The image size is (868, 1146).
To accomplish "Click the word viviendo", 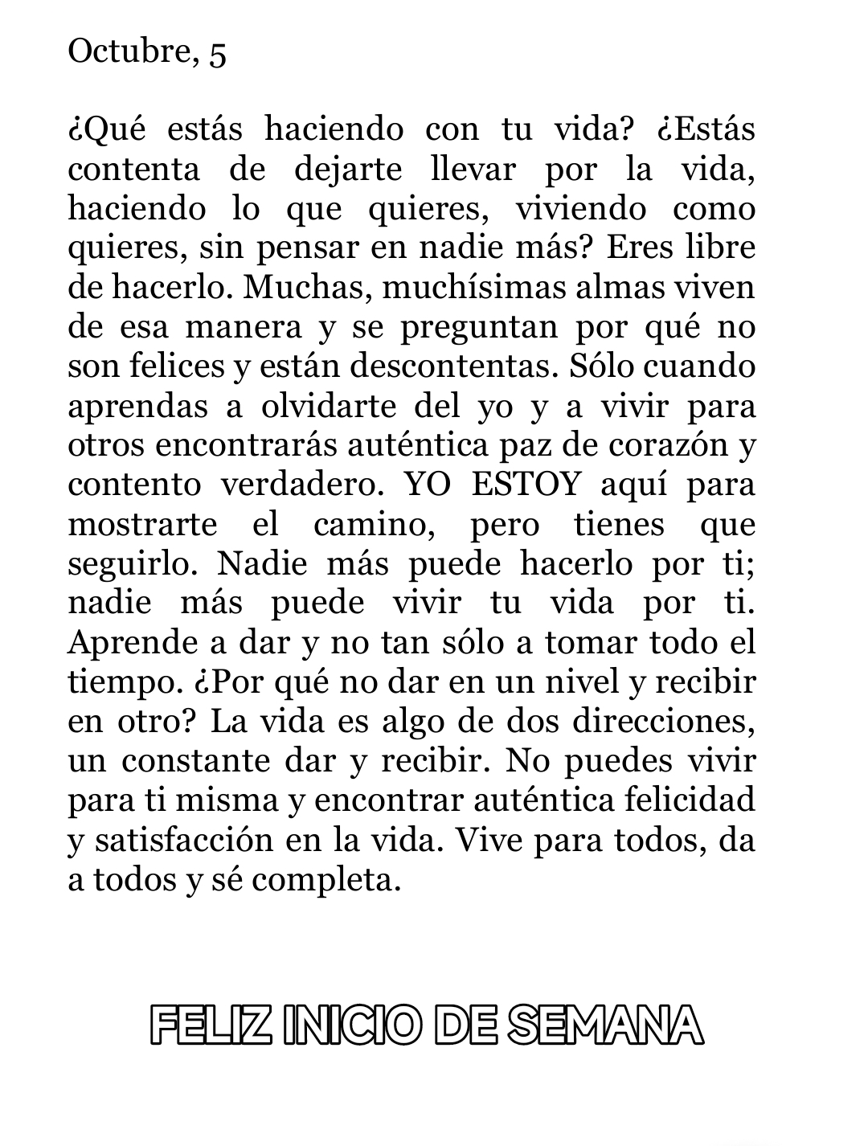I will pyautogui.click(x=580, y=209).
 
